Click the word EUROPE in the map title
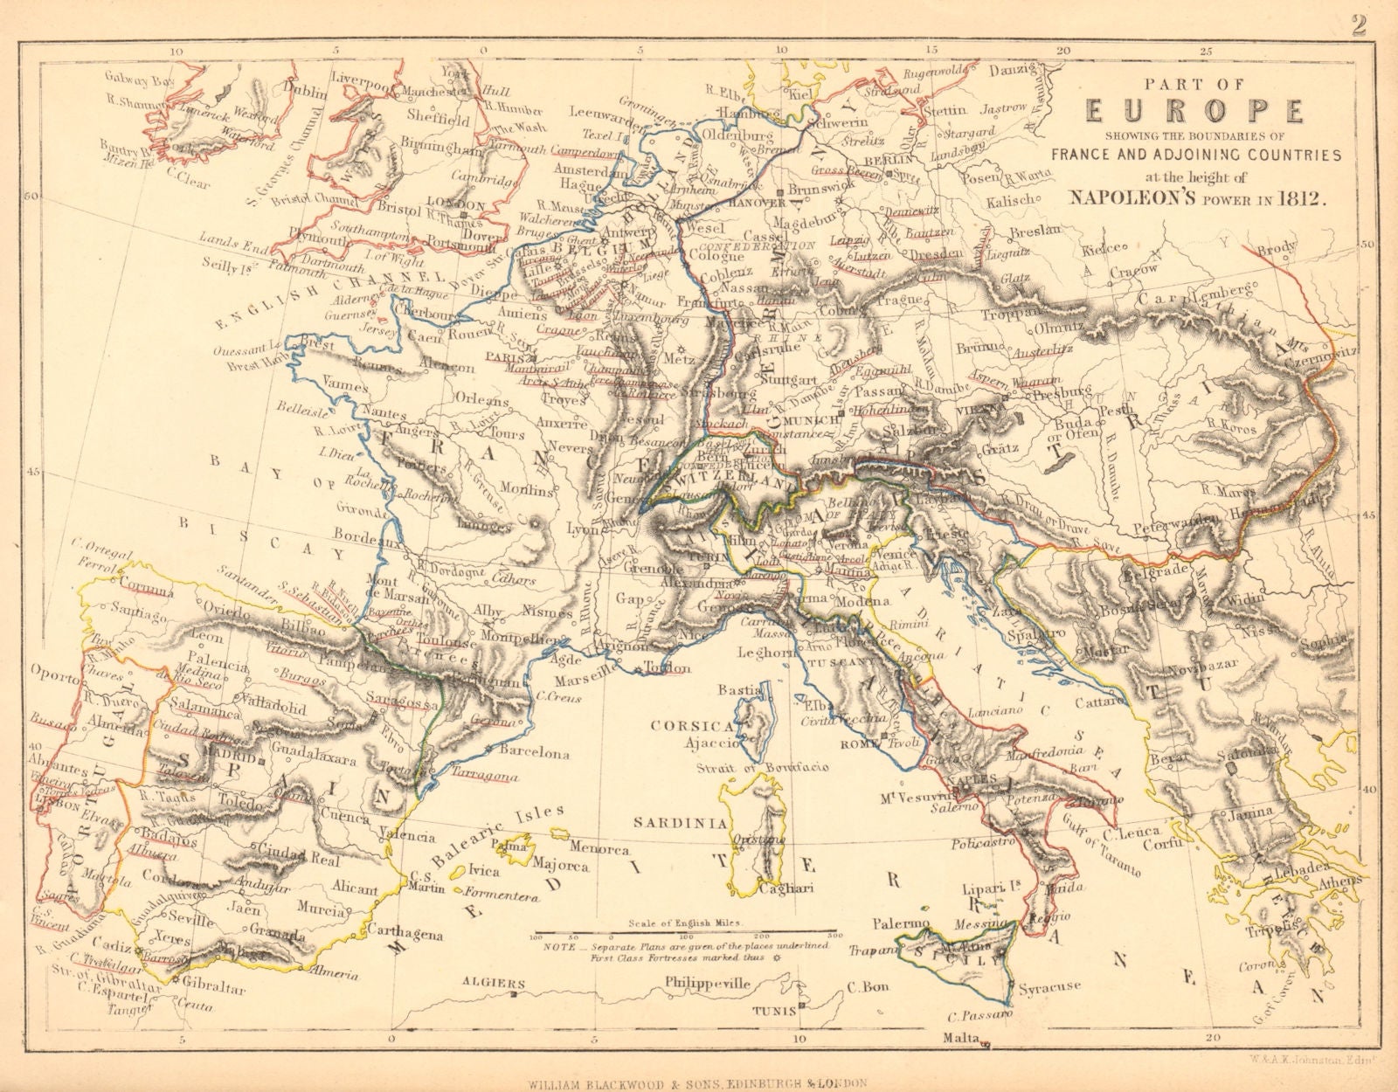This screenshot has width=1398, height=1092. (x=1194, y=113)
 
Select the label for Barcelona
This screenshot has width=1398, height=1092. (x=535, y=752)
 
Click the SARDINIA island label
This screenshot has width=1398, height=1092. (x=681, y=822)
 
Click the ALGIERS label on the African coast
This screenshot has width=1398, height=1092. (x=488, y=983)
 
